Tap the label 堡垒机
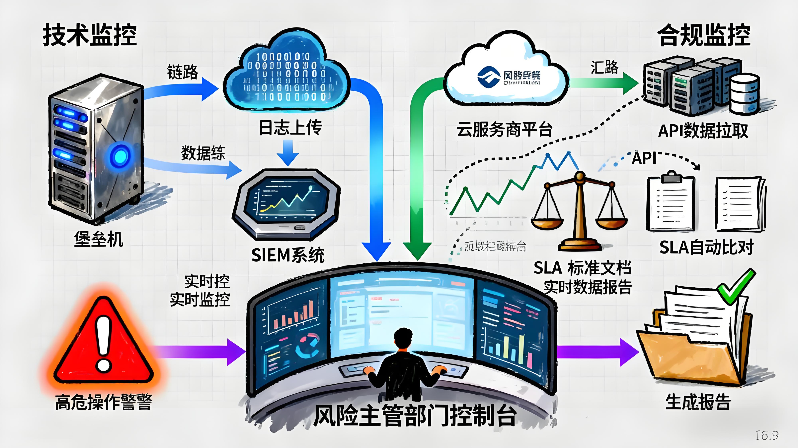point(99,239)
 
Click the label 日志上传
point(290,128)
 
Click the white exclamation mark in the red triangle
point(103,343)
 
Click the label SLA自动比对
point(706,248)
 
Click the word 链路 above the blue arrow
point(182,72)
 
